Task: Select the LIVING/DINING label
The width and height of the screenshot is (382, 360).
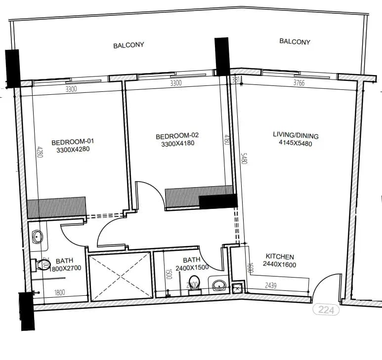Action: (296, 136)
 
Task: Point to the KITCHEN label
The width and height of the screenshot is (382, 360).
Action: (280, 257)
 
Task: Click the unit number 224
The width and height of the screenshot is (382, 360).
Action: (326, 310)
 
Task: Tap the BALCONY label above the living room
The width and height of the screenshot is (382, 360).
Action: (295, 42)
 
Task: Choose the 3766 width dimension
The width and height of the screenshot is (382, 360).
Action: (298, 83)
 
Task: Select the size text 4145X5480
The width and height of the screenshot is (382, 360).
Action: (296, 144)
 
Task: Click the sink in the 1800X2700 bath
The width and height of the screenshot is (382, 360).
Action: (38, 238)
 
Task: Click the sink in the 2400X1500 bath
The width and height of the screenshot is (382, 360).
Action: (218, 285)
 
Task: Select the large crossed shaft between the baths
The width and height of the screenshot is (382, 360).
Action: (120, 276)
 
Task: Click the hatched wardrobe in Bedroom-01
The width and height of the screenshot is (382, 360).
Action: (56, 207)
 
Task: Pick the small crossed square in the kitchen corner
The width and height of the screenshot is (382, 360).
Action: (237, 288)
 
